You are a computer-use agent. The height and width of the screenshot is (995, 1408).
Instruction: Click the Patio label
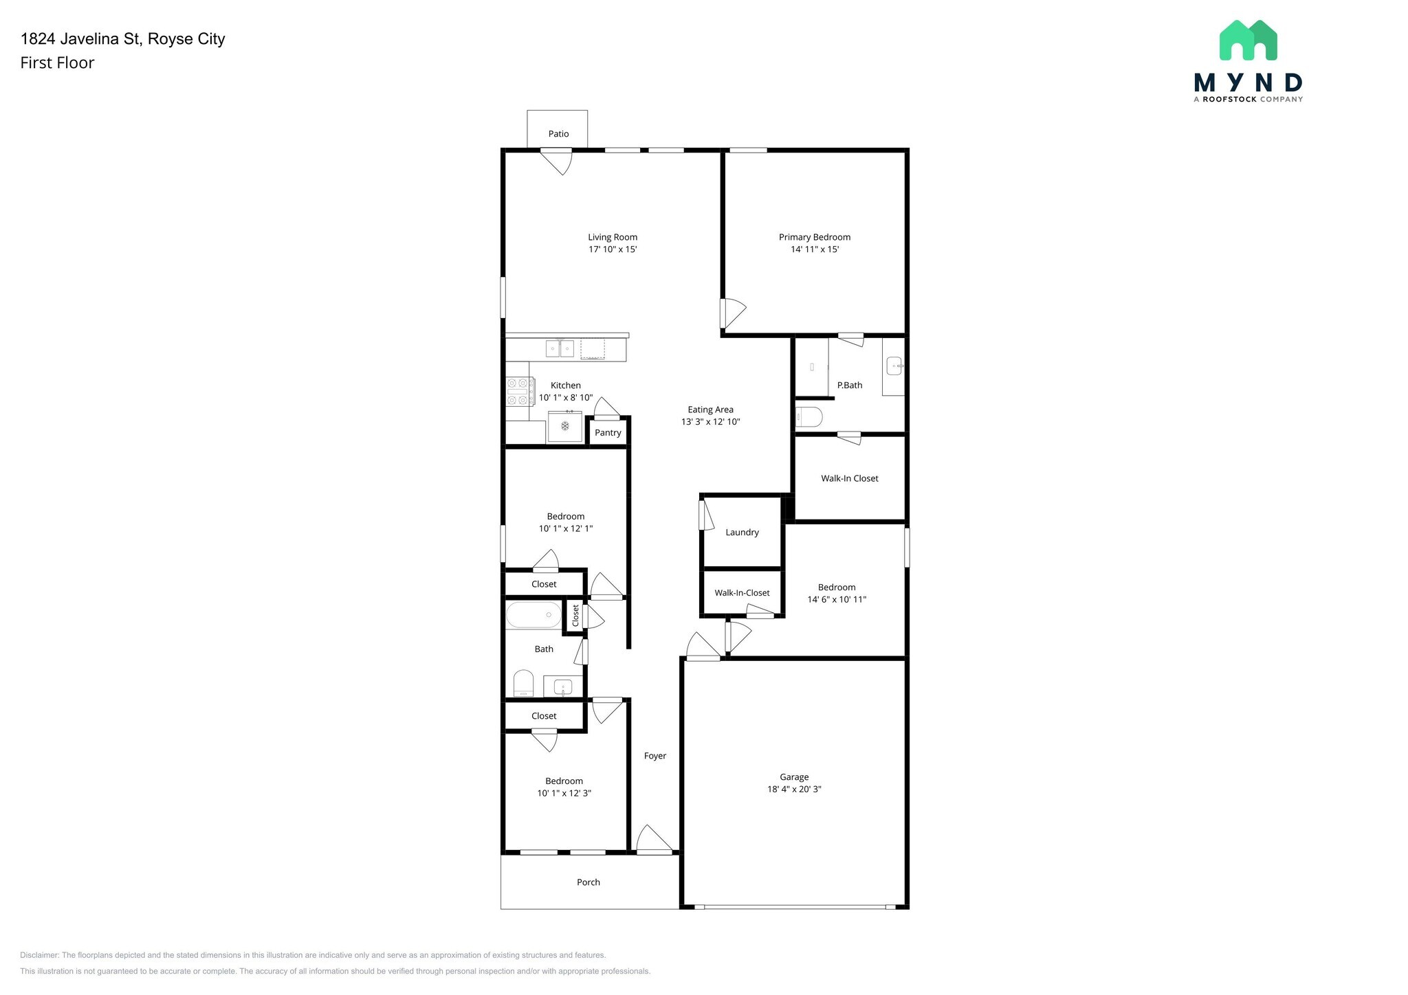point(558,134)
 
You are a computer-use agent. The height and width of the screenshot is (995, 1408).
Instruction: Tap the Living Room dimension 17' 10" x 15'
point(612,249)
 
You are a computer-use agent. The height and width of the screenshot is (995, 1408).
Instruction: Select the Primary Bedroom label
point(814,237)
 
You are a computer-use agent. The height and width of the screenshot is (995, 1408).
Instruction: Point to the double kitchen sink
point(560,349)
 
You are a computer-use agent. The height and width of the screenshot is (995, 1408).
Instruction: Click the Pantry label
point(608,433)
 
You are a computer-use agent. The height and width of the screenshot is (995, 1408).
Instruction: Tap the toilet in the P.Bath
point(808,417)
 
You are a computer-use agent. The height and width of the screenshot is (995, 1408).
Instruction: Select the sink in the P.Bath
point(894,366)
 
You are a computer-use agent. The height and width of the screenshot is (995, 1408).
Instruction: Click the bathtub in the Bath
point(534,615)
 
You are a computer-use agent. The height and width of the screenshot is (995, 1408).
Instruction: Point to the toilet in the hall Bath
point(524,684)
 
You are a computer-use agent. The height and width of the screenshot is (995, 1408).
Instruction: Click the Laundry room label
point(742,533)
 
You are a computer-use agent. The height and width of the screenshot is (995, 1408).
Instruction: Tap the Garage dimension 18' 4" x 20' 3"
point(794,790)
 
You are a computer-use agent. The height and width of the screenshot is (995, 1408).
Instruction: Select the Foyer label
point(654,756)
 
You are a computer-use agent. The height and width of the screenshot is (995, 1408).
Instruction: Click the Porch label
point(588,882)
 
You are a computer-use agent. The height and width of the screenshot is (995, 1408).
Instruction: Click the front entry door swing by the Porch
point(653,840)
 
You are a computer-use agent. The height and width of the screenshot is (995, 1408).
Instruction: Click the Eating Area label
point(710,410)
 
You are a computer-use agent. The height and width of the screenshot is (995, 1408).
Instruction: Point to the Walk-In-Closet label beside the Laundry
point(742,593)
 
